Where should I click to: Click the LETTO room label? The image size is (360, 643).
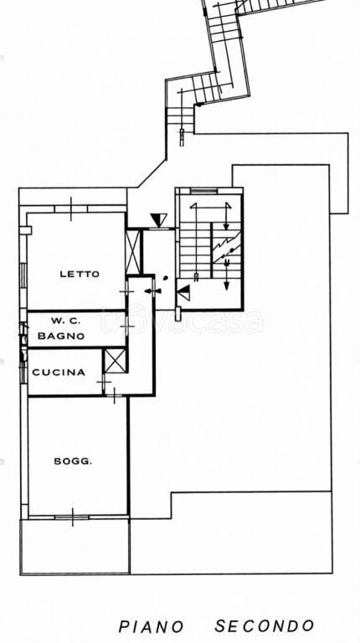click(x=80, y=274)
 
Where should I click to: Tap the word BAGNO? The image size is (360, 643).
click(x=61, y=336)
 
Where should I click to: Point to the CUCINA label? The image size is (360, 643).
click(x=59, y=373)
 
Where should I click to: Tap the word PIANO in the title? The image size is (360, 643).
click(x=152, y=627)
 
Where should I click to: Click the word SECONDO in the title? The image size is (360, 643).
click(x=265, y=626)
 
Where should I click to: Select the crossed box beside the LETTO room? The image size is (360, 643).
click(x=133, y=251)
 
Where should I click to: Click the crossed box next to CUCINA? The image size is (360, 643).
click(x=115, y=361)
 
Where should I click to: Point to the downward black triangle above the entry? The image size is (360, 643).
click(x=159, y=220)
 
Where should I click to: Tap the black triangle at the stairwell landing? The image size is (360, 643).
click(x=183, y=292)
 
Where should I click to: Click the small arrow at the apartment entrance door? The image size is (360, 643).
click(x=152, y=291)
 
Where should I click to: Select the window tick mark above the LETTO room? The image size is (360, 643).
click(x=70, y=208)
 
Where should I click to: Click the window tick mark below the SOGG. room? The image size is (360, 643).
click(x=73, y=517)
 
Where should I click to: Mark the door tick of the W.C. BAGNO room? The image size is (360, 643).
click(x=127, y=327)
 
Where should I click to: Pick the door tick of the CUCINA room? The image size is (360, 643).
click(x=104, y=382)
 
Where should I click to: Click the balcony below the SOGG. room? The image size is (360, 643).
click(x=75, y=547)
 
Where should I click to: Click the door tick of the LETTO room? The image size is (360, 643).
click(x=126, y=291)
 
